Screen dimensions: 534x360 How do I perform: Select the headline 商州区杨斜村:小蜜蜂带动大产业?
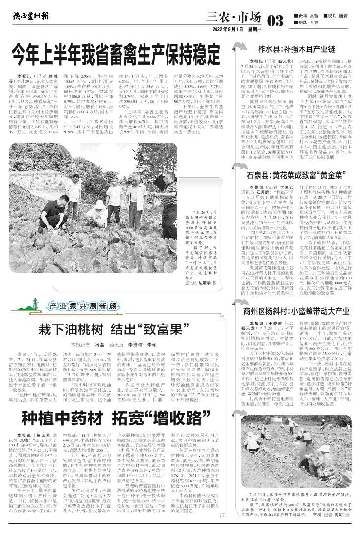[296, 311]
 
